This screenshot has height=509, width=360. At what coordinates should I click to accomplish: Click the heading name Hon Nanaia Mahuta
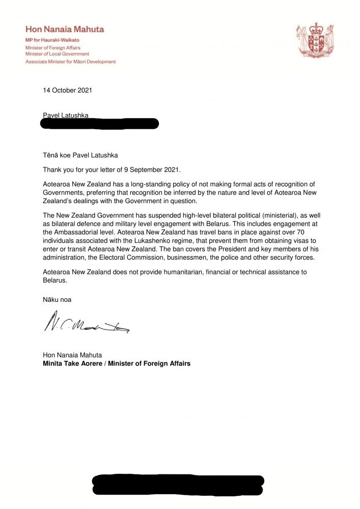[x=65, y=30]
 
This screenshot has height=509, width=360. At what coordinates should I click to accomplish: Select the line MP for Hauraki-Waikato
[x=52, y=40]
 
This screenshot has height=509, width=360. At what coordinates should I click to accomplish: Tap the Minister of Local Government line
[x=57, y=53]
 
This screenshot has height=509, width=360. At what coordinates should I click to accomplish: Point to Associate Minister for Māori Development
[x=71, y=62]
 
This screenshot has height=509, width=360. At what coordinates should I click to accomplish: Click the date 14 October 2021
[x=67, y=91]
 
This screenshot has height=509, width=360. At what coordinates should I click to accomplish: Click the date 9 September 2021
[x=152, y=169]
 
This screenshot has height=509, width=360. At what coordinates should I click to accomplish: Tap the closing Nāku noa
[x=57, y=300]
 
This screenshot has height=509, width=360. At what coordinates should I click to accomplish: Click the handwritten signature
[x=87, y=323]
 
